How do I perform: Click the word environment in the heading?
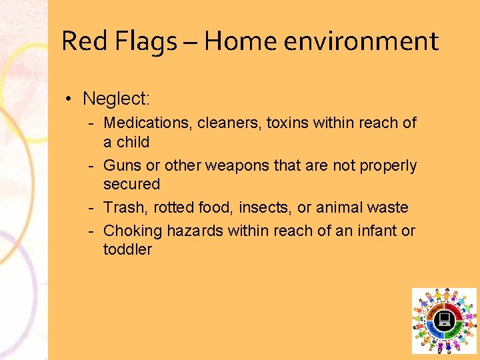coord(361,41)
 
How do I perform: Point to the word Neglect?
coord(116,99)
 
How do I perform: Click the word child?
coord(133,142)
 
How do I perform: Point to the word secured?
coord(132,184)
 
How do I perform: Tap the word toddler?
coord(127,249)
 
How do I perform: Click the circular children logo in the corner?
coord(444,321)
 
